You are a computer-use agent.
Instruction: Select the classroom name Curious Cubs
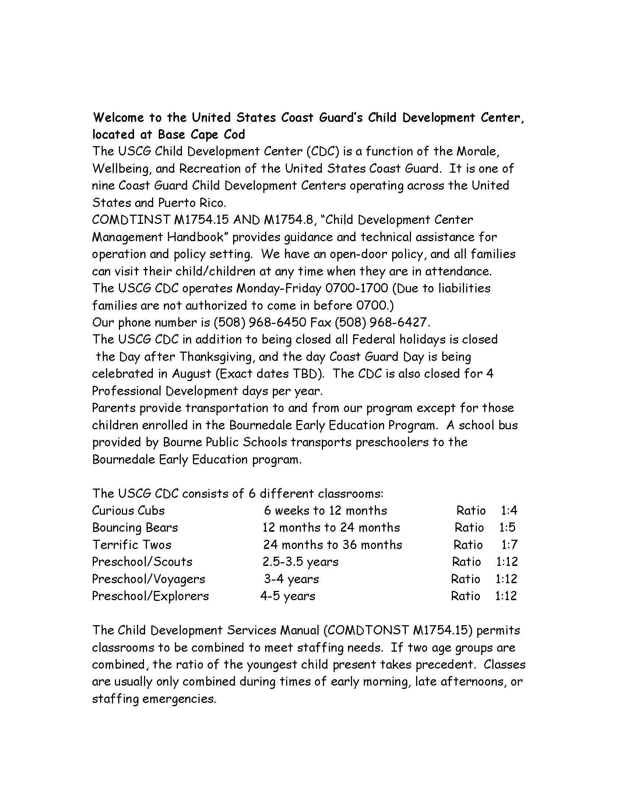pyautogui.click(x=128, y=511)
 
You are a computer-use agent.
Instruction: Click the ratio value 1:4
pyautogui.click(x=509, y=511)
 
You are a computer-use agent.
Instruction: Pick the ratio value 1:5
pyautogui.click(x=507, y=528)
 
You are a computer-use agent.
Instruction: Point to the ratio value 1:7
pyautogui.click(x=509, y=545)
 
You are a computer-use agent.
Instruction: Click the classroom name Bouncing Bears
pyautogui.click(x=135, y=528)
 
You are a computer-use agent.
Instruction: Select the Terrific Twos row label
pyautogui.click(x=132, y=545)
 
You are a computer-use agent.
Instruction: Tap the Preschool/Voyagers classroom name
pyautogui.click(x=148, y=579)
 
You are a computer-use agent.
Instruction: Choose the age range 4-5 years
pyautogui.click(x=288, y=596)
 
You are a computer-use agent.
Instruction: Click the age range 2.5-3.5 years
pyautogui.click(x=300, y=562)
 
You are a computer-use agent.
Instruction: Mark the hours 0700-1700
pyautogui.click(x=356, y=288)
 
